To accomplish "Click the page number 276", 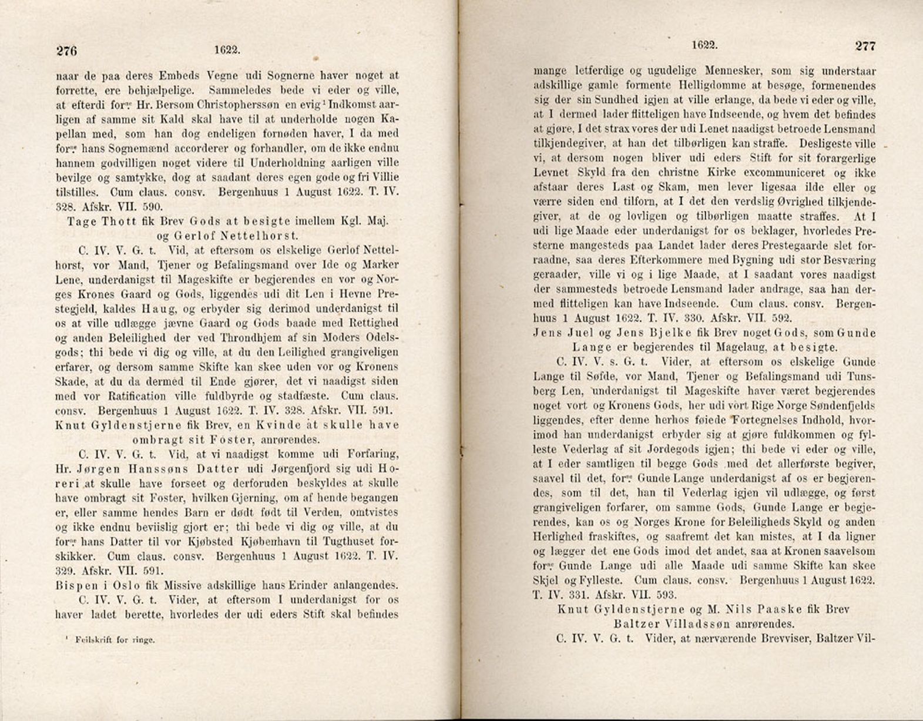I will tap(67, 51).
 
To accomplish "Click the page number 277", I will tap(865, 46).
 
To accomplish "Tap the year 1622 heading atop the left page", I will tap(227, 51).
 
